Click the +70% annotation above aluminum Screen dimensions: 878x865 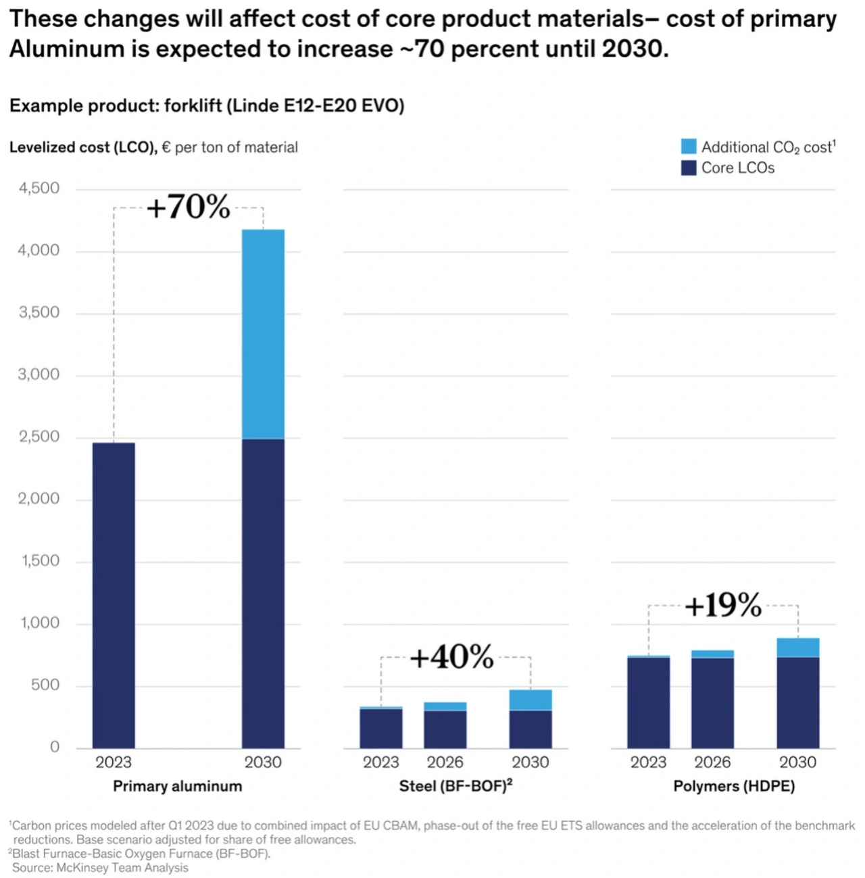click(188, 207)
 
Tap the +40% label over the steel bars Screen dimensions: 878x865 click(451, 656)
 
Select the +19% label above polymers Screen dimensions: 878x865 click(722, 605)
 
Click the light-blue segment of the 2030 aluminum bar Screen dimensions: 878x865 click(263, 334)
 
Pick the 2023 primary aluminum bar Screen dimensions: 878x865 click(114, 595)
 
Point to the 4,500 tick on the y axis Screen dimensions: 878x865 click(39, 188)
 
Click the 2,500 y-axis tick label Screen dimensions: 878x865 click(39, 437)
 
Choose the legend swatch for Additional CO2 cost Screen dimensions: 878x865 click(689, 147)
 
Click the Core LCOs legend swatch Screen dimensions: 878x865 click(689, 168)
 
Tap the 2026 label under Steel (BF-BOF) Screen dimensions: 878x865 click(445, 762)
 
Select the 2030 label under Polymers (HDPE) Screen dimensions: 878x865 click(797, 762)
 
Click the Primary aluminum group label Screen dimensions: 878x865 click(177, 786)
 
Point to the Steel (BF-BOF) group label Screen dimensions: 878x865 click(455, 786)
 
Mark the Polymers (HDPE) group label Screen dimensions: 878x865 click(734, 786)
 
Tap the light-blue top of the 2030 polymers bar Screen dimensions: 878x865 click(797, 648)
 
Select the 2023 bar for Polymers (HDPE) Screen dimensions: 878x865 click(648, 703)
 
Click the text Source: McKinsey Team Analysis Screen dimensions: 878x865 click(100, 868)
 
